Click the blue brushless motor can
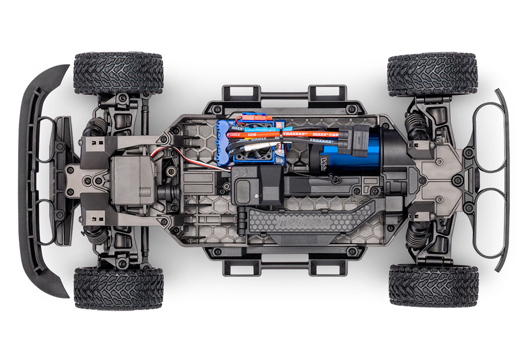(x=351, y=151)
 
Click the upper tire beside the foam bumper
(x=118, y=73)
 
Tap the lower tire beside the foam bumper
(x=118, y=288)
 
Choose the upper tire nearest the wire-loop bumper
(x=432, y=74)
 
